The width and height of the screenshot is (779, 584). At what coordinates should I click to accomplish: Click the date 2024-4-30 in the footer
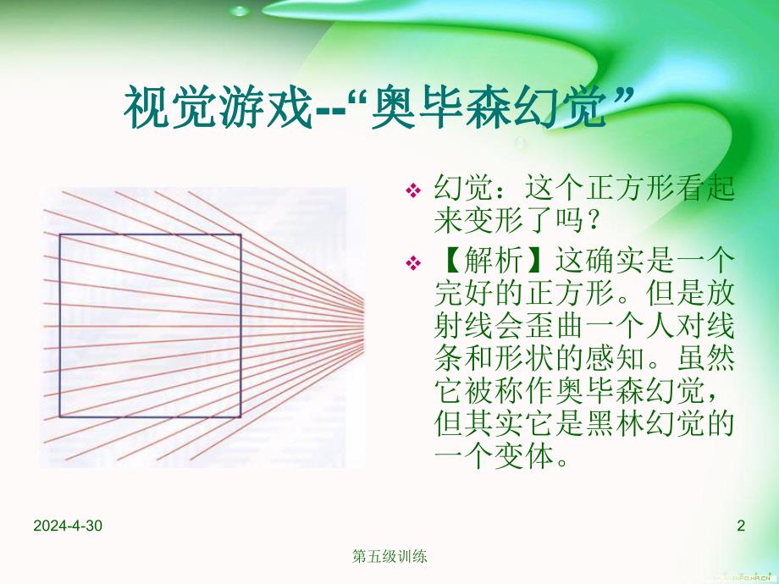click(x=68, y=526)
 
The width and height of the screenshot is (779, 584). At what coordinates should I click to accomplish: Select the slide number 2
click(x=741, y=526)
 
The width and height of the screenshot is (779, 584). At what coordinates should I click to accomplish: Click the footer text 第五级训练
click(x=389, y=557)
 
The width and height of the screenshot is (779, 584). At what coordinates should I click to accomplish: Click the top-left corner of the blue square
click(x=60, y=235)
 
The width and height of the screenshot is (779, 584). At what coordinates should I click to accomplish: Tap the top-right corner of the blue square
click(x=241, y=235)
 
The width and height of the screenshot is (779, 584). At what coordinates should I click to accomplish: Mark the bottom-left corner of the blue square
click(x=60, y=416)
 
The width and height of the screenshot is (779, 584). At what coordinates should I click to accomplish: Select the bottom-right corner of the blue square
click(x=241, y=416)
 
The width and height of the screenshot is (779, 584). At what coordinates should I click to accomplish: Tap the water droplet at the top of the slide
click(x=241, y=12)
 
